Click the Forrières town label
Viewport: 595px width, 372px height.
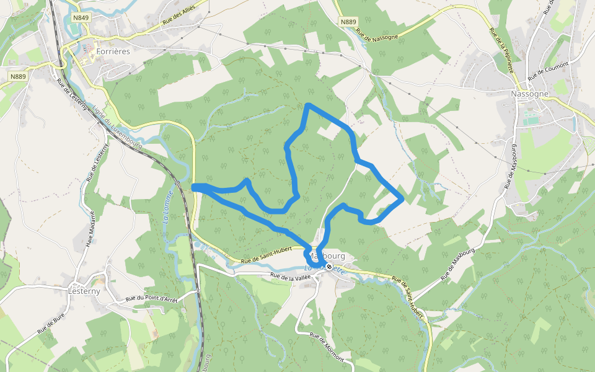click(x=113, y=51)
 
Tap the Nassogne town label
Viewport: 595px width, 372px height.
click(x=529, y=94)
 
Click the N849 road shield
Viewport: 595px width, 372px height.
click(x=81, y=18)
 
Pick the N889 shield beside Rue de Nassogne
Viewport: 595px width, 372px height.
click(x=348, y=22)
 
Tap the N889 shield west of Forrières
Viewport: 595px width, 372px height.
click(x=18, y=76)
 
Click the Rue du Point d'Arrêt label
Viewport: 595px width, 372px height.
click(x=152, y=298)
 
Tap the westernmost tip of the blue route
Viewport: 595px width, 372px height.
click(x=194, y=187)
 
